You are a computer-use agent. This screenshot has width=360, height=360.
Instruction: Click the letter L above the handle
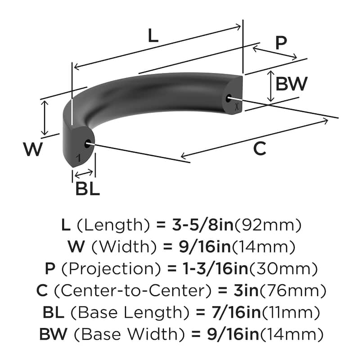(153, 36)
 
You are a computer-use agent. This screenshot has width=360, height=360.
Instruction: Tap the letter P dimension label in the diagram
(281, 43)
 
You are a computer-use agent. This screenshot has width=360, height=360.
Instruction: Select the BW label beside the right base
(291, 84)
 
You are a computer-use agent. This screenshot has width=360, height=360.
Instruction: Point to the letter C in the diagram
(260, 148)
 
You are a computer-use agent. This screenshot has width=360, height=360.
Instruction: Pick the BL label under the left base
(87, 189)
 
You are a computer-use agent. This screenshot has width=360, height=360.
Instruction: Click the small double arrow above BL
(84, 173)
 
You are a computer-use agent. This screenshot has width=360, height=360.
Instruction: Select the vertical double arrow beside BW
(270, 85)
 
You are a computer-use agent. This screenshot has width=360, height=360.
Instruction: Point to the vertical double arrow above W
(44, 117)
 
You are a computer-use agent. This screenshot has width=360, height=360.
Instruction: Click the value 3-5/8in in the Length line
(202, 225)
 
